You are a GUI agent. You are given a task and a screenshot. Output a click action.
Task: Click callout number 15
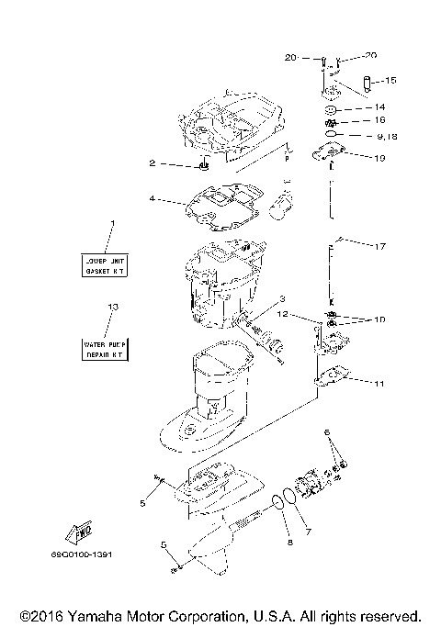pyautogui.click(x=390, y=81)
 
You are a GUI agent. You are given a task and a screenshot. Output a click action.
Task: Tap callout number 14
pyautogui.click(x=379, y=107)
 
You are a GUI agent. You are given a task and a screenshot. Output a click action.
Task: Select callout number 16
pyautogui.click(x=379, y=120)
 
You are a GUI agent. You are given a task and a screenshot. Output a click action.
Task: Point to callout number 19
pyautogui.click(x=379, y=158)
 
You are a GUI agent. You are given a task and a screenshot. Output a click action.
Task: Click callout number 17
pyautogui.click(x=381, y=246)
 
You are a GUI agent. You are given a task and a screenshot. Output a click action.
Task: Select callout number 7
pyautogui.click(x=309, y=531)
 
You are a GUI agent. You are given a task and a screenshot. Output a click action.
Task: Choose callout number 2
pyautogui.click(x=153, y=164)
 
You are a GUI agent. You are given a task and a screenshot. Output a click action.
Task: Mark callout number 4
pyautogui.click(x=153, y=197)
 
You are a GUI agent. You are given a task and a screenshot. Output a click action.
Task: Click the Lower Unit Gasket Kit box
pyautogui.click(x=107, y=265)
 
